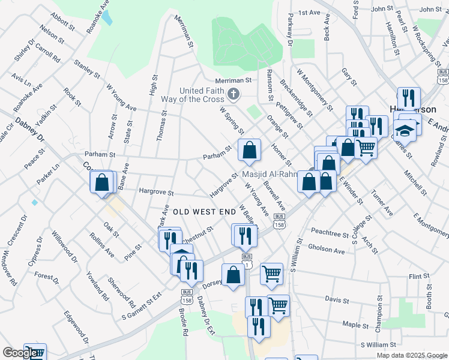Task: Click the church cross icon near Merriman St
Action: click(234, 94)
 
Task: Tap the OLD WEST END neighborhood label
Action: click(203, 212)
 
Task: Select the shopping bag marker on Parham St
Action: click(249, 151)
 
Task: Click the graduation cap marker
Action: click(405, 129)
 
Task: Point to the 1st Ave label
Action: click(310, 13)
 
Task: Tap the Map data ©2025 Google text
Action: click(412, 355)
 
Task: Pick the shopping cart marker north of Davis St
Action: click(272, 274)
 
